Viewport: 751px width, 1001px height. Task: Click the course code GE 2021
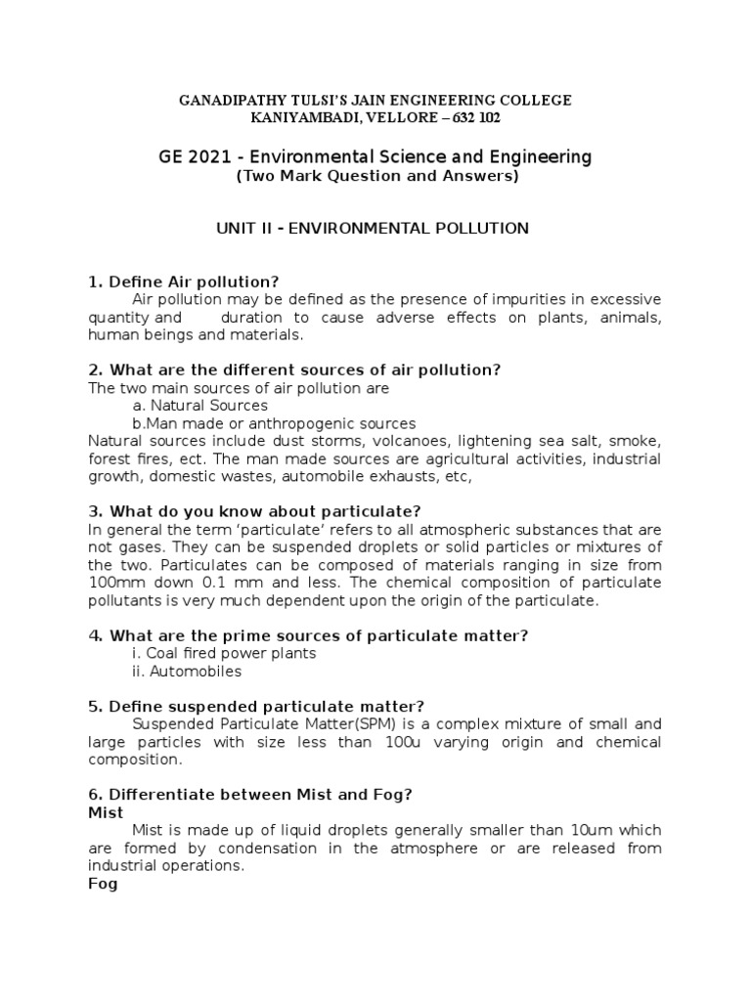198,156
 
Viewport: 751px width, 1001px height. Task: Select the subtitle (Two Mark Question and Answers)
375,177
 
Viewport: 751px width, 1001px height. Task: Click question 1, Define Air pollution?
184,283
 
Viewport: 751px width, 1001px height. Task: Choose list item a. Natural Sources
199,405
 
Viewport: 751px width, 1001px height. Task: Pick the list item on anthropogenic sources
274,423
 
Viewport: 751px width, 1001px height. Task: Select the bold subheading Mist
106,812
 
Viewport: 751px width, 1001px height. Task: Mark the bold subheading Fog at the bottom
102,884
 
